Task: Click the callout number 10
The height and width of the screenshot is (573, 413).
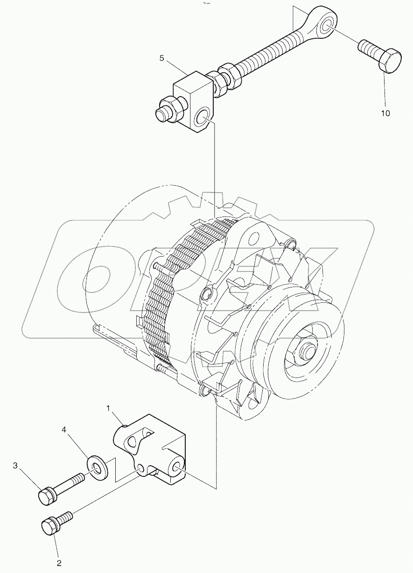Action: pyautogui.click(x=385, y=113)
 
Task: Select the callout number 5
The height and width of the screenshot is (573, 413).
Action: pyautogui.click(x=162, y=58)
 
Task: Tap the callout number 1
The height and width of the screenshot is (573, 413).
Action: pyautogui.click(x=108, y=409)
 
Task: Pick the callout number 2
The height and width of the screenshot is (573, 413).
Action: pyautogui.click(x=59, y=563)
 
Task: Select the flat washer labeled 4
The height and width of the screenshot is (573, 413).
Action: pyautogui.click(x=97, y=467)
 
